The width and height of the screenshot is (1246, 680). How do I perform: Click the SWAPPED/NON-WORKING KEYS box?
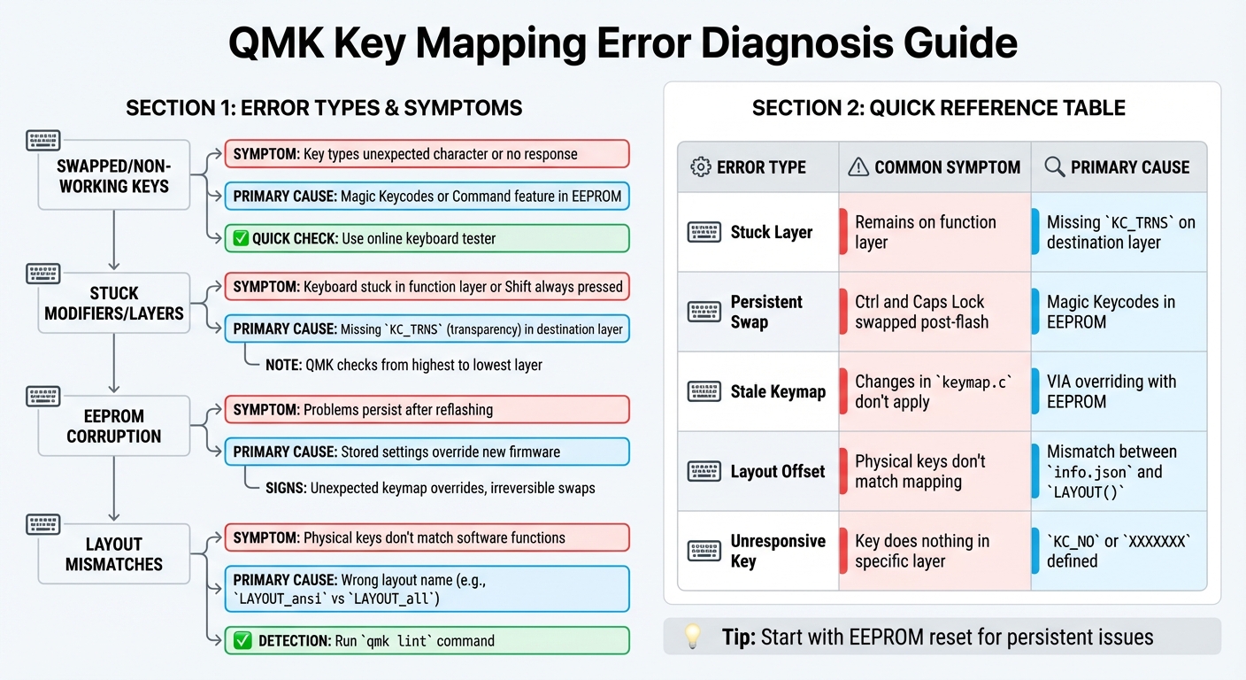click(113, 175)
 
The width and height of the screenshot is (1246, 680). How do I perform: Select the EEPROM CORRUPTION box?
click(113, 426)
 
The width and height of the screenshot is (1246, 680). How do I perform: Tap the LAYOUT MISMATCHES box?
click(113, 553)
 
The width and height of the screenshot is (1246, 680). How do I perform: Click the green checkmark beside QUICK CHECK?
click(239, 238)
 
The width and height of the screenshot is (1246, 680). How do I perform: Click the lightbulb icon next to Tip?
click(693, 636)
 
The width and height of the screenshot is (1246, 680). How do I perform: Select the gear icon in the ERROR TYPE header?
click(701, 166)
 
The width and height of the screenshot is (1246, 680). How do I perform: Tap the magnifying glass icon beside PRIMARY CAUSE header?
click(1054, 166)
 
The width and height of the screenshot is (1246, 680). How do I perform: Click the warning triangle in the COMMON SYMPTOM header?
click(858, 166)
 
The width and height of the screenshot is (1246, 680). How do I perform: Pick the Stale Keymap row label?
click(778, 391)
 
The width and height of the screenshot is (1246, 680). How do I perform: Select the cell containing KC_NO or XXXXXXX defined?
click(1119, 551)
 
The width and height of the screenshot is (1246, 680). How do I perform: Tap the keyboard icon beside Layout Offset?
click(704, 471)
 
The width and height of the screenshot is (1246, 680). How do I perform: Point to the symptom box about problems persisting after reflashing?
click(427, 410)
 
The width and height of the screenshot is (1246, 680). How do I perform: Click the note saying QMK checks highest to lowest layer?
click(404, 365)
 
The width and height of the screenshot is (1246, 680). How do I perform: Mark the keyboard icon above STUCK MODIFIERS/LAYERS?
click(43, 274)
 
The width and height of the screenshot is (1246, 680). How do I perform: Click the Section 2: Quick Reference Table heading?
click(939, 108)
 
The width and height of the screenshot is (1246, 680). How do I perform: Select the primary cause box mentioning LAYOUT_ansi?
click(427, 589)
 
